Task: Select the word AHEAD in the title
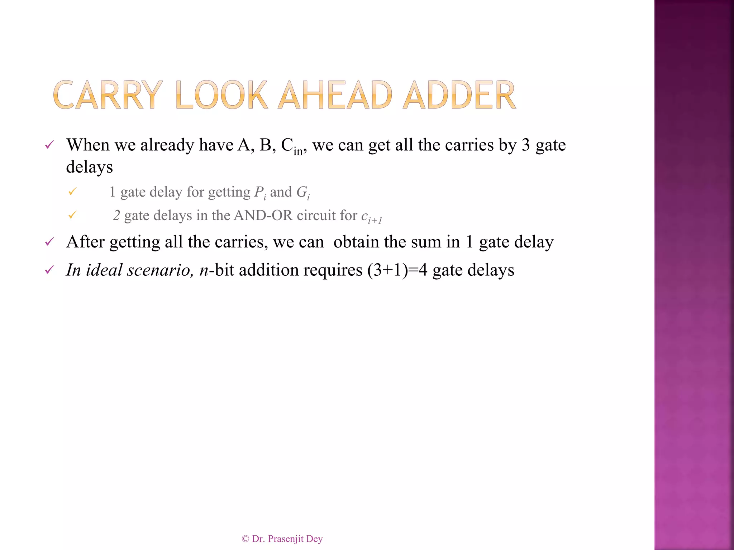pos(335,95)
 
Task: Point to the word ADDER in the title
pos(459,95)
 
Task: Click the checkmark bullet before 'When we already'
pos(49,145)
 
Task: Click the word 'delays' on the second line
pos(89,167)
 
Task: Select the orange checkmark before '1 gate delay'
pos(72,192)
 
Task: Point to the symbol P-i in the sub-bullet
pos(260,193)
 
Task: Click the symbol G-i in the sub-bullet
pos(303,193)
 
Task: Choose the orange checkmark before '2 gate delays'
pos(72,215)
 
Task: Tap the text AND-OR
pos(263,216)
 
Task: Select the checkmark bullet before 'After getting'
pos(49,242)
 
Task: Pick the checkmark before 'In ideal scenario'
pos(49,270)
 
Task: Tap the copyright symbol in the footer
pos(245,539)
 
